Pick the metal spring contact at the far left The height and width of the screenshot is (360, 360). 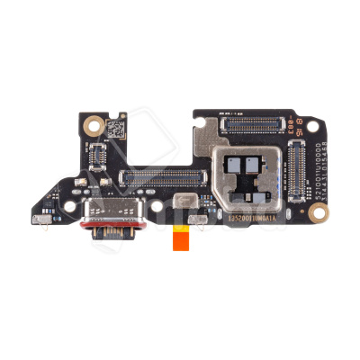click(40, 219)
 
